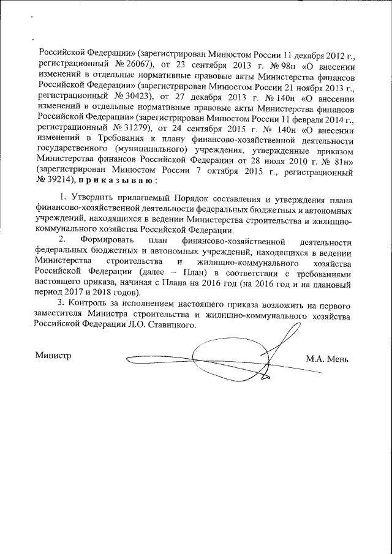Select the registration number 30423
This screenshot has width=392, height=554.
[x=128, y=97]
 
